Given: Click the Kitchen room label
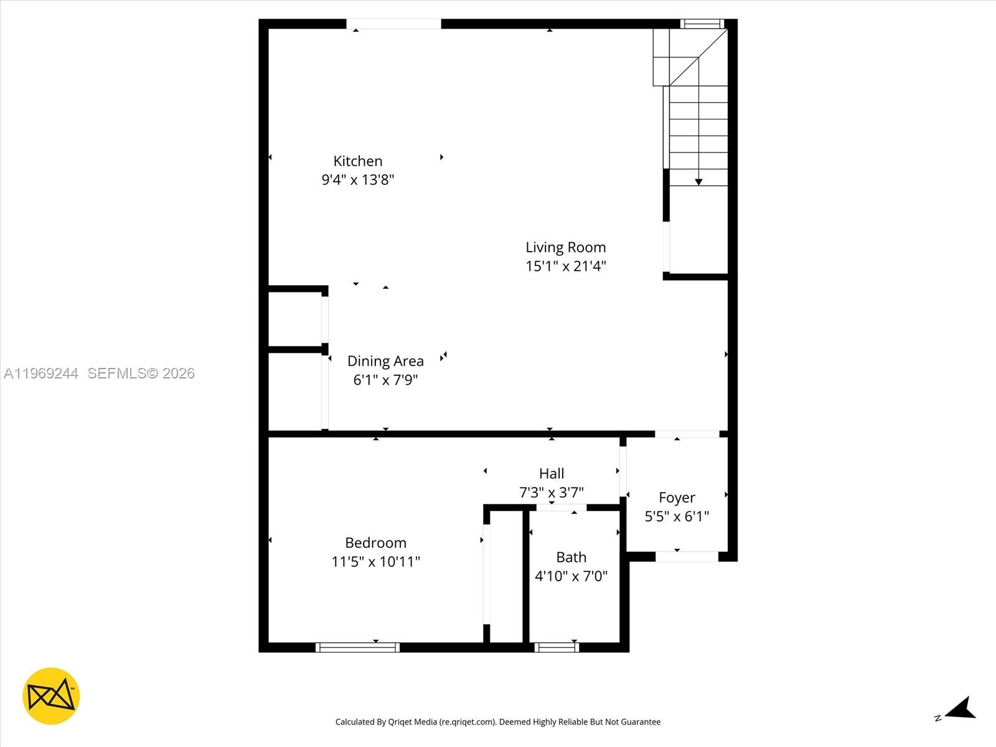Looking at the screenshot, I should pos(357,161).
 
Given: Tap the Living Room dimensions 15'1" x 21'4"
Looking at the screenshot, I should pos(565,266).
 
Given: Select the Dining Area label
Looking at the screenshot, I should pos(385,361).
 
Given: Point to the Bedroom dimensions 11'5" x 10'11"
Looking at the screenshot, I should pos(375,561).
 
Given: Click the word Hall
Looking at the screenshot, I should pos(552,474).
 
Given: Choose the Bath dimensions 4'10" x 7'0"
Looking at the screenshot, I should pos(571,576).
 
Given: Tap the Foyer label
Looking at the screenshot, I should pos(677,498).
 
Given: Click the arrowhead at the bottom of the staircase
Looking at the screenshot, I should pos(698,182).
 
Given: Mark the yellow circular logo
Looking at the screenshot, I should pos(51,696).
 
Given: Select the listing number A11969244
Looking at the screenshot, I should pos(41,374).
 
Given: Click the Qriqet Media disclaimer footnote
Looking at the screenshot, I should pos(498,722).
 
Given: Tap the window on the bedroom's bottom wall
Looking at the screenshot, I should pos(357,647).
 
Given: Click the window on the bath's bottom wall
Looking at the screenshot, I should pos(557,647).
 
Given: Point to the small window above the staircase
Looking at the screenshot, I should pos(702,24).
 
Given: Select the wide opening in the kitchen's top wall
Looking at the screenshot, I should pos(393,24).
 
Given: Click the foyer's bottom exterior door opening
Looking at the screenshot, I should pos(687,557).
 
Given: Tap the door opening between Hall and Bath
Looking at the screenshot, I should pos(561,508).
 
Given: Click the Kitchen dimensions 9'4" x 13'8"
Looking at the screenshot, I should pos(357,180).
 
